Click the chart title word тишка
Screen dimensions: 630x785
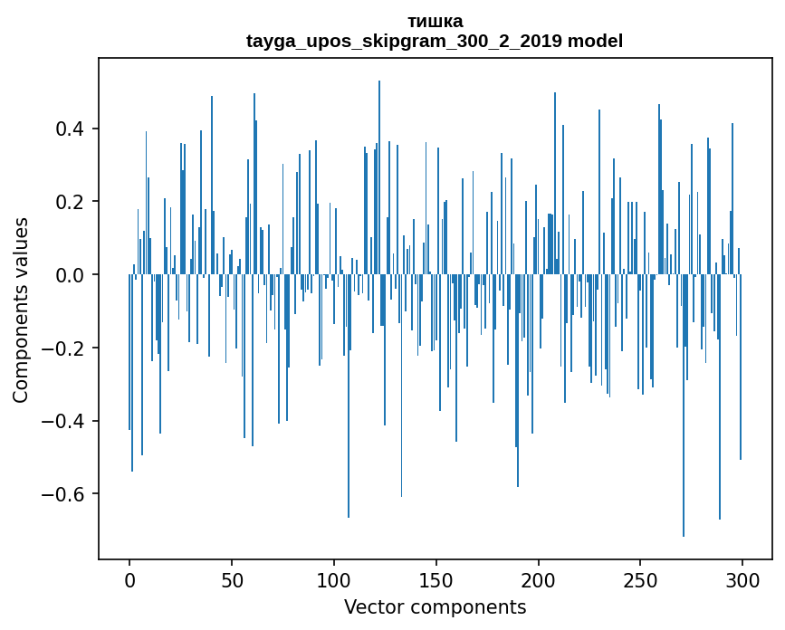(x=435, y=22)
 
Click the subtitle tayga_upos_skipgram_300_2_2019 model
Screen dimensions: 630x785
(x=435, y=42)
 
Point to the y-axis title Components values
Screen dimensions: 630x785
(x=21, y=310)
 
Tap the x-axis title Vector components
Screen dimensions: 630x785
(x=435, y=606)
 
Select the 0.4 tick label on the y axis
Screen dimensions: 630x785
(x=72, y=129)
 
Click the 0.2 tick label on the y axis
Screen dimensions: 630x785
(x=72, y=202)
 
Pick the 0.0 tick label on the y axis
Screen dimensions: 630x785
(x=72, y=275)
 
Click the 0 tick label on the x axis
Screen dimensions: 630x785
(x=129, y=578)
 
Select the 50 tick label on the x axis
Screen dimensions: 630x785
(x=232, y=578)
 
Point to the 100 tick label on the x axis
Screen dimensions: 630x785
(x=334, y=578)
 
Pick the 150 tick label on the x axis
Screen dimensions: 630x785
(x=436, y=578)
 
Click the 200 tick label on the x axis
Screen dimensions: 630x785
(x=538, y=578)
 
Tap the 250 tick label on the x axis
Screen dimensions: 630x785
(x=640, y=578)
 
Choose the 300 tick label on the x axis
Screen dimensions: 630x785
(x=742, y=578)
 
